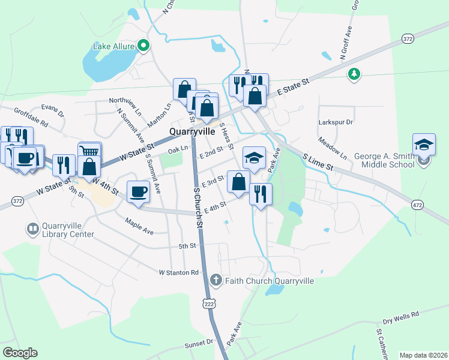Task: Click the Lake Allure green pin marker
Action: (143, 45)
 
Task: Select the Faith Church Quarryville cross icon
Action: (216, 280)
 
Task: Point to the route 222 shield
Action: (208, 302)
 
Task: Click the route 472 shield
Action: (417, 205)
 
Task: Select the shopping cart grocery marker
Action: (89, 152)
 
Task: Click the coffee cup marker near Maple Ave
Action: (138, 192)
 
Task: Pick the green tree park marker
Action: (354, 74)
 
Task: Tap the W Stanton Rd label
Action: (178, 272)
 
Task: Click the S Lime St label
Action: (317, 161)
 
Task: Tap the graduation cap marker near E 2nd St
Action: (254, 158)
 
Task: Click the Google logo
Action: (20, 353)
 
